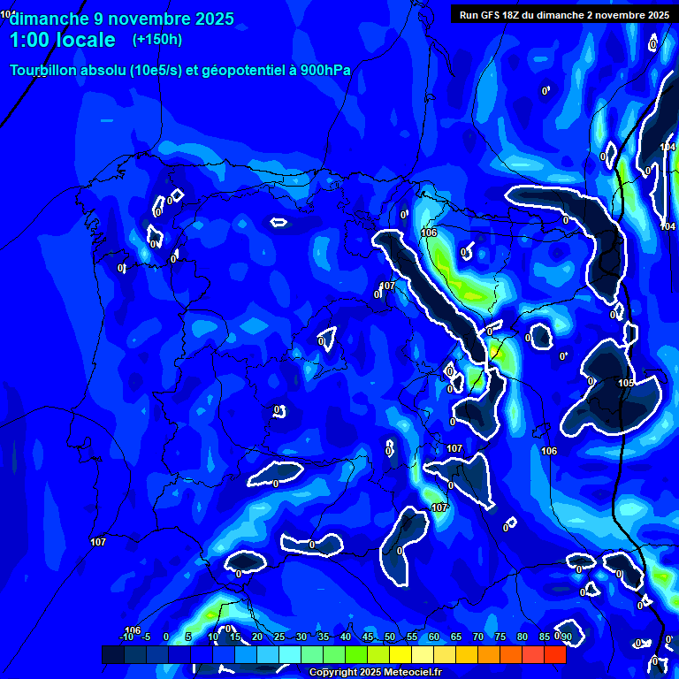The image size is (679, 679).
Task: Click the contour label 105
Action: (626, 383)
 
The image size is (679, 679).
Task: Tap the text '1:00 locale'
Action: (62, 41)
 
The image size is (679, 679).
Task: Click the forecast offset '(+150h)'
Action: (157, 40)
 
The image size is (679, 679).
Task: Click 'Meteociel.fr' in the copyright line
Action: (412, 673)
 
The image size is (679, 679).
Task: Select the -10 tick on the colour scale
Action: (126, 637)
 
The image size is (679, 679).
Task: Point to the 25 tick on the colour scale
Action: (278, 637)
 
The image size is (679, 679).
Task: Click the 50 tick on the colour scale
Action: (389, 637)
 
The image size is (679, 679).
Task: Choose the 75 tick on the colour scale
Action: (500, 637)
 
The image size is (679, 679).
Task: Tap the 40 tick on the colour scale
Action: (345, 637)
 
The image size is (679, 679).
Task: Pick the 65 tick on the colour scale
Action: (455, 637)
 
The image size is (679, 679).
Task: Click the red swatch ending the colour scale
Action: (554, 654)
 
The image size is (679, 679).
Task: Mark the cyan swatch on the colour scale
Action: (289, 654)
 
